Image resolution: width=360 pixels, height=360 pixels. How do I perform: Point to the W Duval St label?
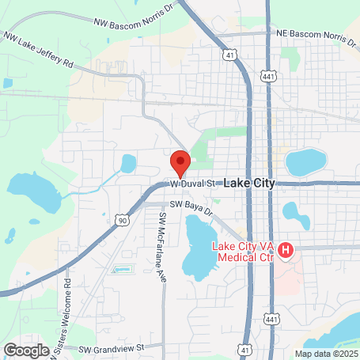pyautogui.click(x=193, y=184)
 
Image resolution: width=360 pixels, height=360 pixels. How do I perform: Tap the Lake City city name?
pyautogui.click(x=249, y=183)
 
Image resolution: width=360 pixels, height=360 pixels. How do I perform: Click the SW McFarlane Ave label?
pyautogui.click(x=162, y=237)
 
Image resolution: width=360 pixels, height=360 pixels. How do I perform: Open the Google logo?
pyautogui.click(x=26, y=349)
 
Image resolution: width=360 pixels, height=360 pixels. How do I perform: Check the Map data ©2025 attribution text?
pyautogui.click(x=325, y=354)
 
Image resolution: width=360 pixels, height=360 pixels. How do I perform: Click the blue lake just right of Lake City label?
pyautogui.click(x=305, y=162)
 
